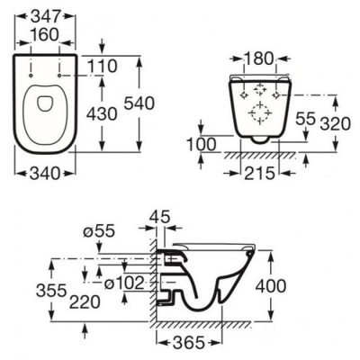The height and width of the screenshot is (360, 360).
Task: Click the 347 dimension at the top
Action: (46, 16)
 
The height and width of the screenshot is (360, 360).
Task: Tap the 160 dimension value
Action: (44, 35)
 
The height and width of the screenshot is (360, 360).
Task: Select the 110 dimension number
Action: (103, 67)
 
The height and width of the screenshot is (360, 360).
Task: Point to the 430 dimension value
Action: (102, 114)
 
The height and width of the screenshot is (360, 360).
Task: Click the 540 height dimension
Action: (139, 103)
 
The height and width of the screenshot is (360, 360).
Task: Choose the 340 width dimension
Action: (46, 174)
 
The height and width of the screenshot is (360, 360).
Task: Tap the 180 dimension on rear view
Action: (258, 58)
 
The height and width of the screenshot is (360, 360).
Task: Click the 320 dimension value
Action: (335, 124)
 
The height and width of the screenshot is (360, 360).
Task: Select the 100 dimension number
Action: (201, 145)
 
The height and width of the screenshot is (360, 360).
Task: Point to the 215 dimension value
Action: (260, 174)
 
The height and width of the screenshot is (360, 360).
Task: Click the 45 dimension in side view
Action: (159, 216)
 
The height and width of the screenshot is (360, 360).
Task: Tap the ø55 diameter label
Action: (99, 231)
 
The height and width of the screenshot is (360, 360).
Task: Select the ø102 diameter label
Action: (124, 283)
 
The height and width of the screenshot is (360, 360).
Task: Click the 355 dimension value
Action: (51, 291)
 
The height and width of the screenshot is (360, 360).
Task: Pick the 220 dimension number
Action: (85, 302)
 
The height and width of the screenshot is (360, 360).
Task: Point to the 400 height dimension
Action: (271, 286)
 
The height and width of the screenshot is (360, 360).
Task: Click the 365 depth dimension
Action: (190, 342)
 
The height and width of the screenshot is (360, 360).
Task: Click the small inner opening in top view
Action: (45, 103)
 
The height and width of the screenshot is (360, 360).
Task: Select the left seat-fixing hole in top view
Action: (31, 76)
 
